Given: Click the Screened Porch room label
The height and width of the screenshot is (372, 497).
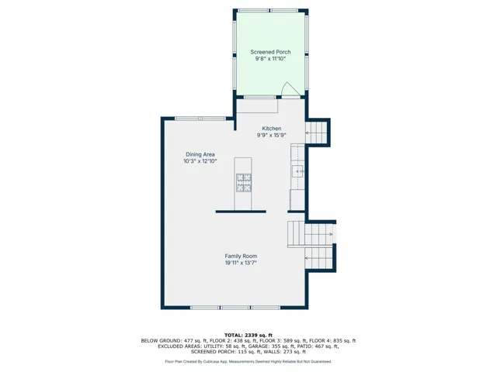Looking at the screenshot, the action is click(270, 52).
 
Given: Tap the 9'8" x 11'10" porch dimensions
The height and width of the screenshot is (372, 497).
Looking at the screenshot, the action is click(271, 59).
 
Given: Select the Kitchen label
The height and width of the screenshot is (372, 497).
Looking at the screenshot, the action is click(271, 129).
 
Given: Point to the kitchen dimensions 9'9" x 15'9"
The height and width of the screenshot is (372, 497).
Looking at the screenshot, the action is click(271, 136).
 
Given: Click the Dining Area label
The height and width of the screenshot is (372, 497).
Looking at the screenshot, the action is click(200, 154).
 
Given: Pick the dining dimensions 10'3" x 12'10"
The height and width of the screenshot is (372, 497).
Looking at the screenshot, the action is click(200, 161).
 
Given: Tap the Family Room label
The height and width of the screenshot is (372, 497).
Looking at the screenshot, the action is click(241, 257).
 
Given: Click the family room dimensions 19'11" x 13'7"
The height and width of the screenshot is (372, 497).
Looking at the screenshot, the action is click(241, 263).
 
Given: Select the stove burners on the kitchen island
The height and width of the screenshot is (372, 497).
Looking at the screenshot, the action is click(243, 183).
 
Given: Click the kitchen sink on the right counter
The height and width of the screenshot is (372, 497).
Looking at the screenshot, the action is click(297, 171).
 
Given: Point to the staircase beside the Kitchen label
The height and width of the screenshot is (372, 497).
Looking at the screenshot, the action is click(316, 133).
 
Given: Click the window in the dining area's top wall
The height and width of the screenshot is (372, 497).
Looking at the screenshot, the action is click(200, 119).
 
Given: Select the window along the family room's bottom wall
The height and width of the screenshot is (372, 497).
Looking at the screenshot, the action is click(235, 308).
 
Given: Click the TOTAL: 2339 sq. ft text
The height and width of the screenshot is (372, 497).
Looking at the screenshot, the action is click(248, 336).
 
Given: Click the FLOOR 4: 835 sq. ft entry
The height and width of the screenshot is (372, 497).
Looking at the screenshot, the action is click(332, 341).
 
